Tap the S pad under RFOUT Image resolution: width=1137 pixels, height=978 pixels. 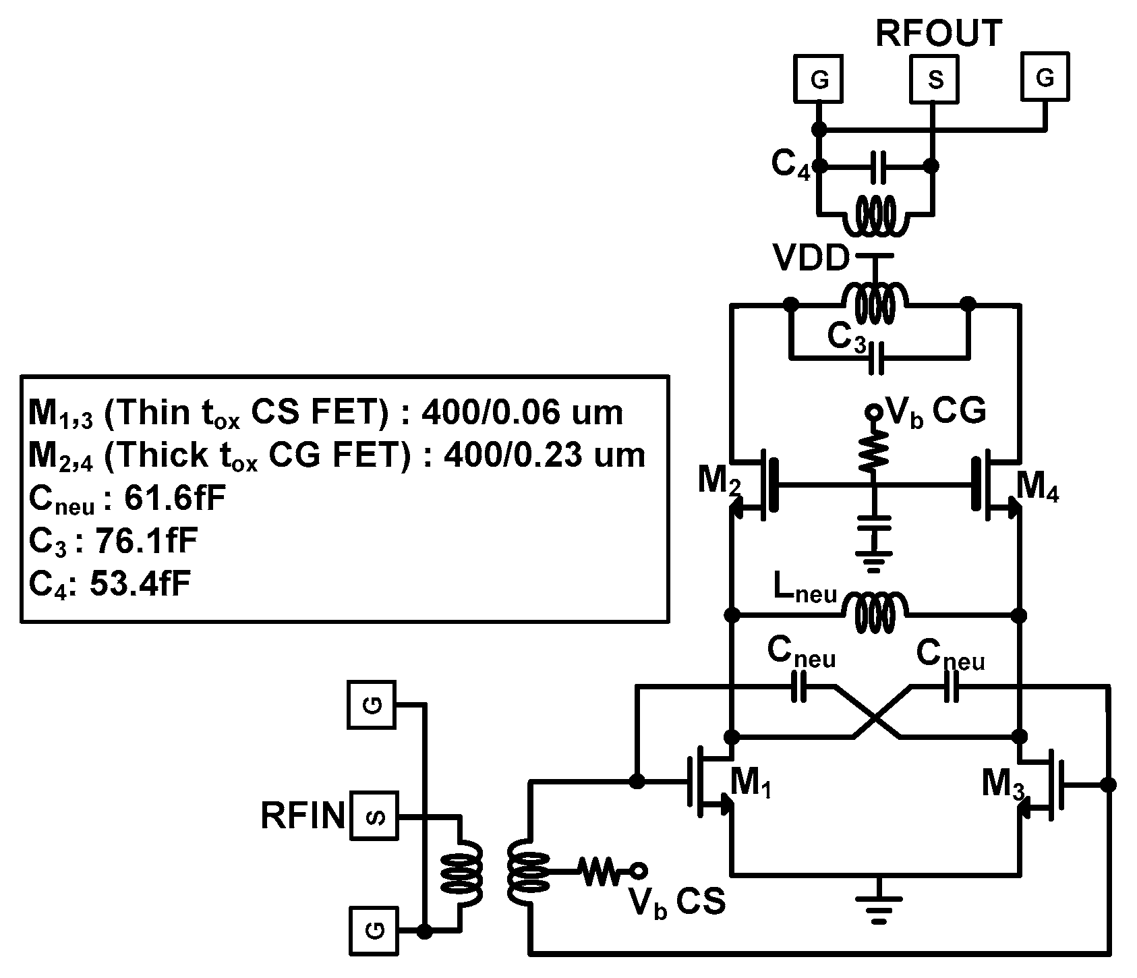point(935,80)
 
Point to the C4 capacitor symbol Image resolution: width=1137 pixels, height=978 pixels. point(877,166)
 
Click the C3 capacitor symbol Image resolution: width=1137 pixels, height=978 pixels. point(876,358)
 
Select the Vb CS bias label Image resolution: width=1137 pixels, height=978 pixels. point(677,901)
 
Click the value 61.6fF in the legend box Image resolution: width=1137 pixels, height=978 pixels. point(175,499)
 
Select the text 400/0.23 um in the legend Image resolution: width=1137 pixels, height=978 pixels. point(544,456)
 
